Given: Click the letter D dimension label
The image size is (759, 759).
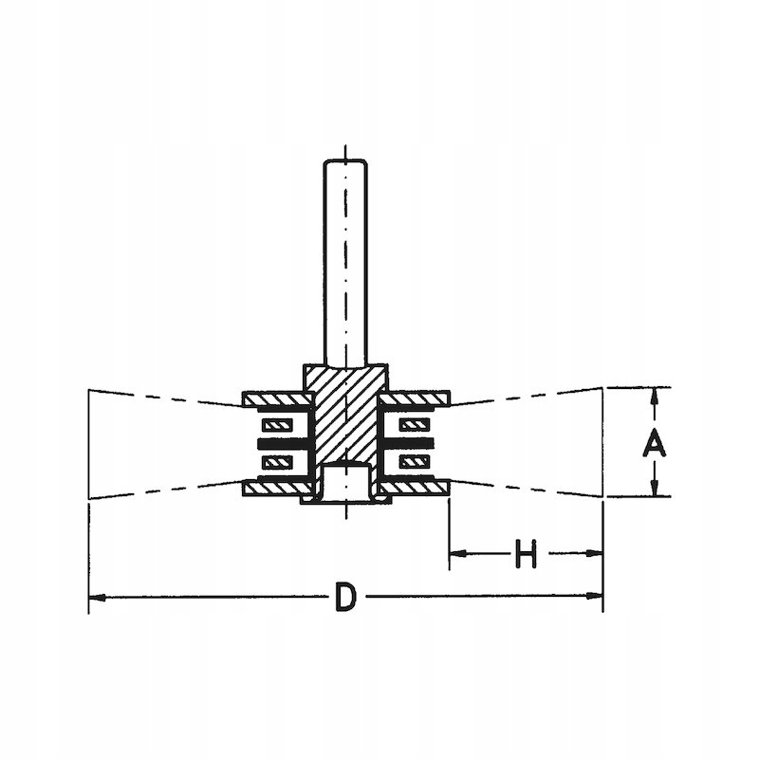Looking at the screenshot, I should (x=347, y=599).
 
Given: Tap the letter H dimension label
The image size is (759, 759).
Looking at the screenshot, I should (x=526, y=554).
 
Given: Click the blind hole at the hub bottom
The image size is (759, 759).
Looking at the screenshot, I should (x=346, y=482).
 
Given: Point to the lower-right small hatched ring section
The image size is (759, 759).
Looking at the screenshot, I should (x=415, y=462).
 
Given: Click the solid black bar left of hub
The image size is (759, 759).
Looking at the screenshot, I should (x=280, y=443).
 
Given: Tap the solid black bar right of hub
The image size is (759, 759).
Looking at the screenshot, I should (x=413, y=443).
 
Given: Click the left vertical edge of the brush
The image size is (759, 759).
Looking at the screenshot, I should (x=89, y=443).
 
